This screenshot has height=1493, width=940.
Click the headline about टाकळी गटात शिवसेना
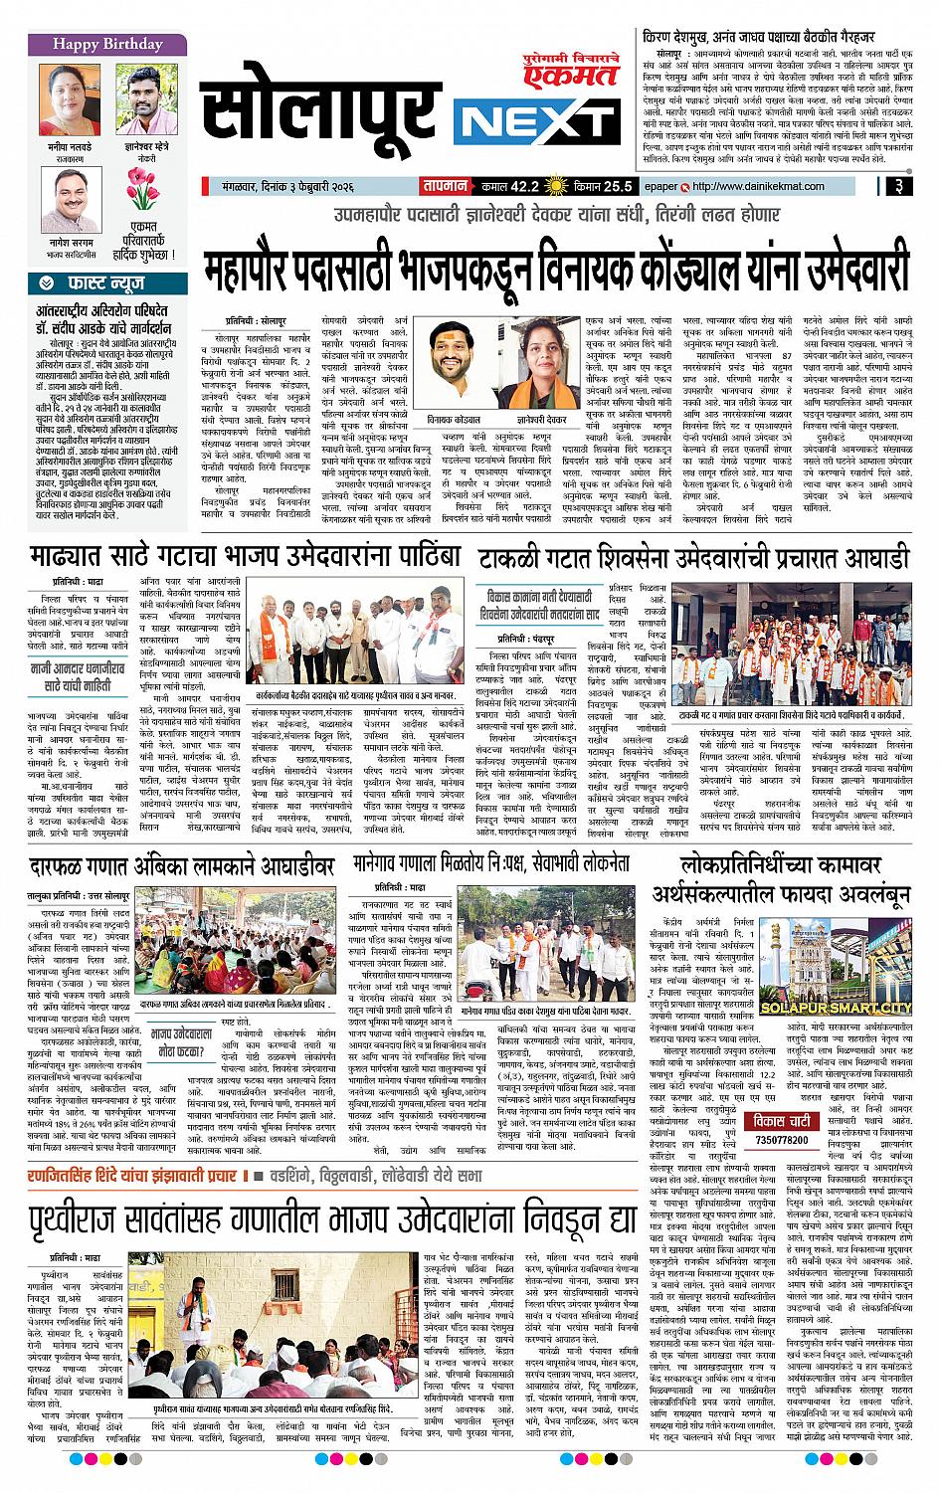(694, 559)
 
